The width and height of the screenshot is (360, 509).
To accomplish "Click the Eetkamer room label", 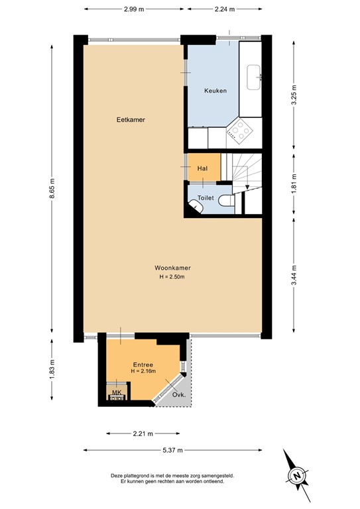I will pos(131,120).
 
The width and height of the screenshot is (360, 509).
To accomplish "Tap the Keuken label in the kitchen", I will pos(215,91).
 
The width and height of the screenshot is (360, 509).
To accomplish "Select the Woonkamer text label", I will pos(172,268).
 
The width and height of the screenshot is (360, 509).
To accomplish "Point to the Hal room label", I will pos(203,169).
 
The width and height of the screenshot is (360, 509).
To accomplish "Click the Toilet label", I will pos(206,198).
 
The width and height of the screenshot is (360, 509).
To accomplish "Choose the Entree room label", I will pos(143,365).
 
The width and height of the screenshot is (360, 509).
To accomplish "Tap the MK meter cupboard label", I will pos(117,392).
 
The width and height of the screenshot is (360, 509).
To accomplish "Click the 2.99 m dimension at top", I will pos(135,10).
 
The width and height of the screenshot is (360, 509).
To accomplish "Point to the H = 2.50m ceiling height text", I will pos(172,276).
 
